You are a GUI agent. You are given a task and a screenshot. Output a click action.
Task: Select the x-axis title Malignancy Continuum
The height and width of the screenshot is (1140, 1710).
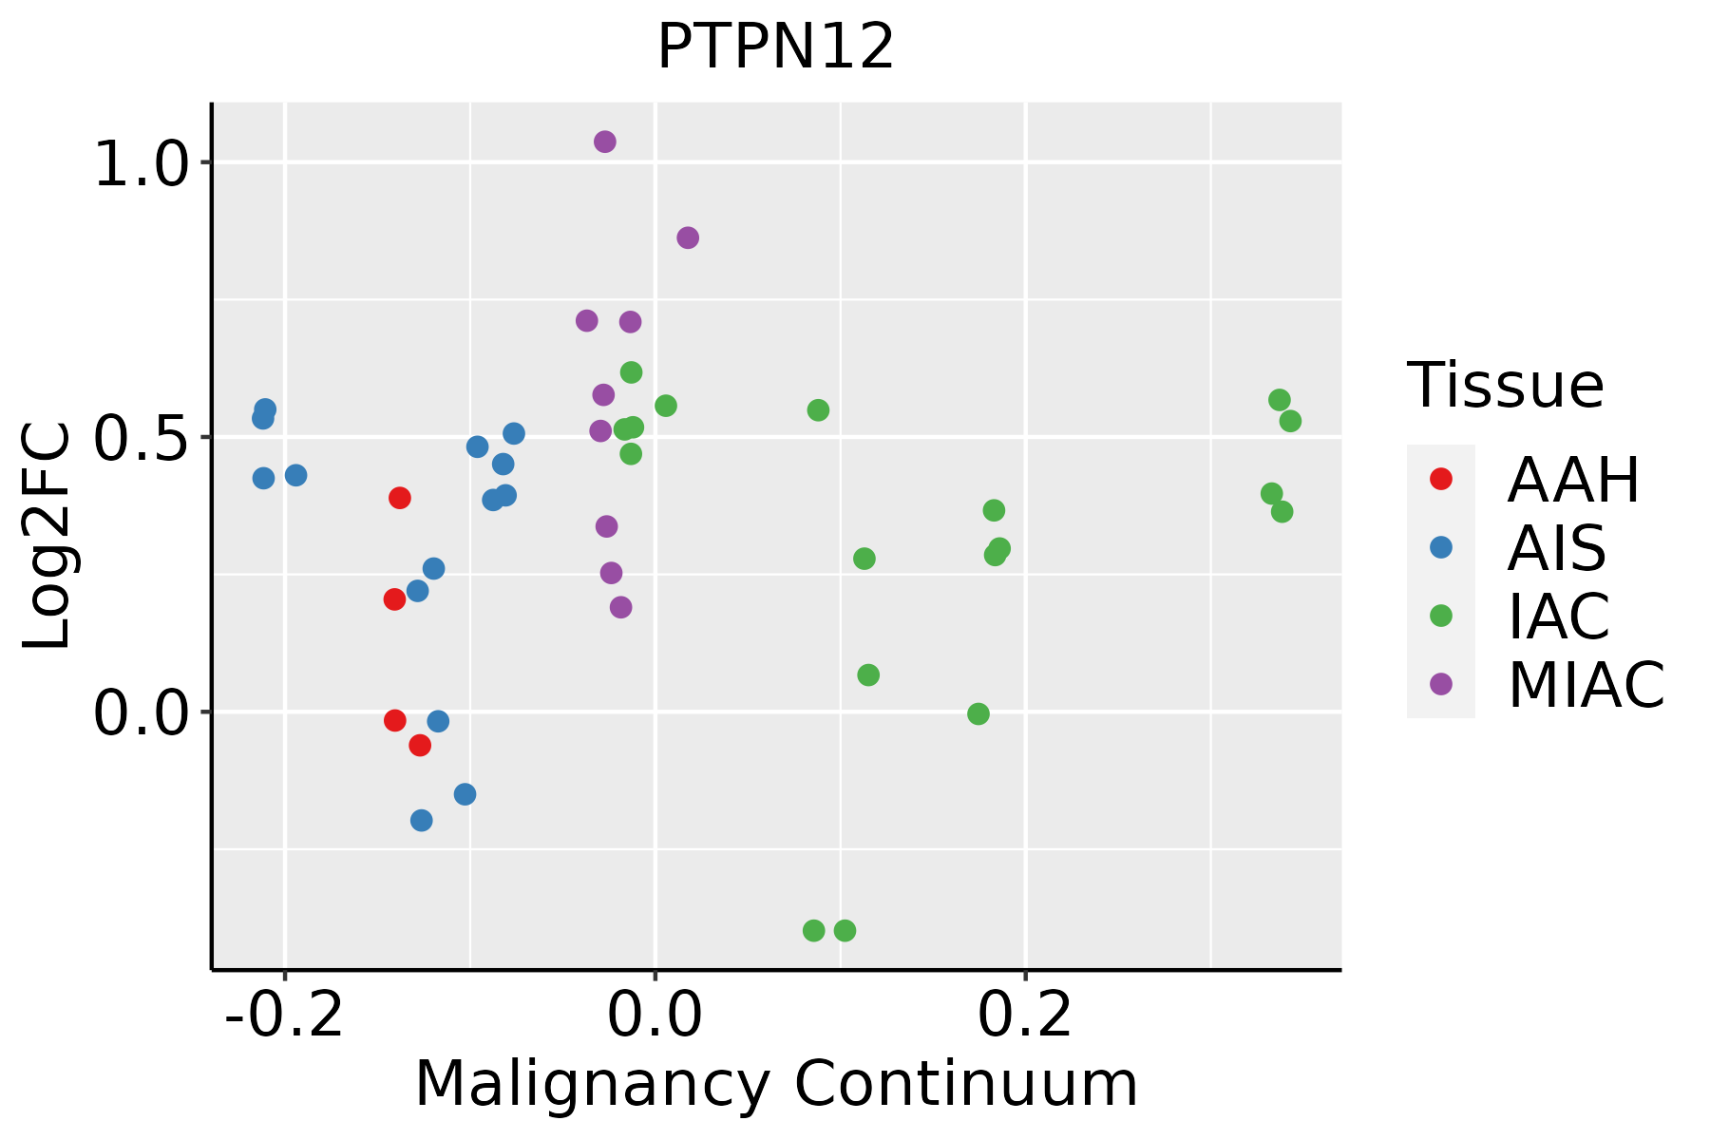pyautogui.click(x=775, y=1084)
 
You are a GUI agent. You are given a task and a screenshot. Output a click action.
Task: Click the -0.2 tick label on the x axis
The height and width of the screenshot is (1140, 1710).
pyautogui.click(x=284, y=1015)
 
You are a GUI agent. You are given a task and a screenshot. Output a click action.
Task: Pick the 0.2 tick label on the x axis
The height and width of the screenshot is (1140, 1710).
pyautogui.click(x=1025, y=1015)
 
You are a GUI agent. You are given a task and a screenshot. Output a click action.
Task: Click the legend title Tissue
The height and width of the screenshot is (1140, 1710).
pyautogui.click(x=1506, y=386)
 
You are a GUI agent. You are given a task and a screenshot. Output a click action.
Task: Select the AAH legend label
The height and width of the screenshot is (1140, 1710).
pyautogui.click(x=1573, y=480)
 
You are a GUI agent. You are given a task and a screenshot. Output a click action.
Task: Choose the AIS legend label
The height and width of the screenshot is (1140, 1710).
pyautogui.click(x=1556, y=548)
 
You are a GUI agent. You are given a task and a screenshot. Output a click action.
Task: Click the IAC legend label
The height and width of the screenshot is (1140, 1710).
pyautogui.click(x=1558, y=616)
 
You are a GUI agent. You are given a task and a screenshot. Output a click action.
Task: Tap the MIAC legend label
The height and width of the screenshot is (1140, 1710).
pyautogui.click(x=1586, y=684)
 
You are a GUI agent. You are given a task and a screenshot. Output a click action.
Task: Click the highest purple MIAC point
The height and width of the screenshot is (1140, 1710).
pyautogui.click(x=605, y=142)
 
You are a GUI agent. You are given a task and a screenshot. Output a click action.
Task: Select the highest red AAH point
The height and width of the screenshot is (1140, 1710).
pyautogui.click(x=400, y=498)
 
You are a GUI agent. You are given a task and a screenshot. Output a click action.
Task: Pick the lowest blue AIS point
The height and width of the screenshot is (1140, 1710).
pyautogui.click(x=422, y=820)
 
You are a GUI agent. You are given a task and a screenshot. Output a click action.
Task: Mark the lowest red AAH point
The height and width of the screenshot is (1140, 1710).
pyautogui.click(x=420, y=746)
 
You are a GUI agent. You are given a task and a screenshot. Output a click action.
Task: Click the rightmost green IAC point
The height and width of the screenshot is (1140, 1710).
pyautogui.click(x=1290, y=421)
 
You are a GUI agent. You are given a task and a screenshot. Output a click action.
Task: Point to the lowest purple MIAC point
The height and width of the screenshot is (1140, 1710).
pyautogui.click(x=621, y=607)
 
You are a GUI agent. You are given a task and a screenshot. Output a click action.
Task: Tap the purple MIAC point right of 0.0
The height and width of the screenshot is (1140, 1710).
pyautogui.click(x=688, y=237)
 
